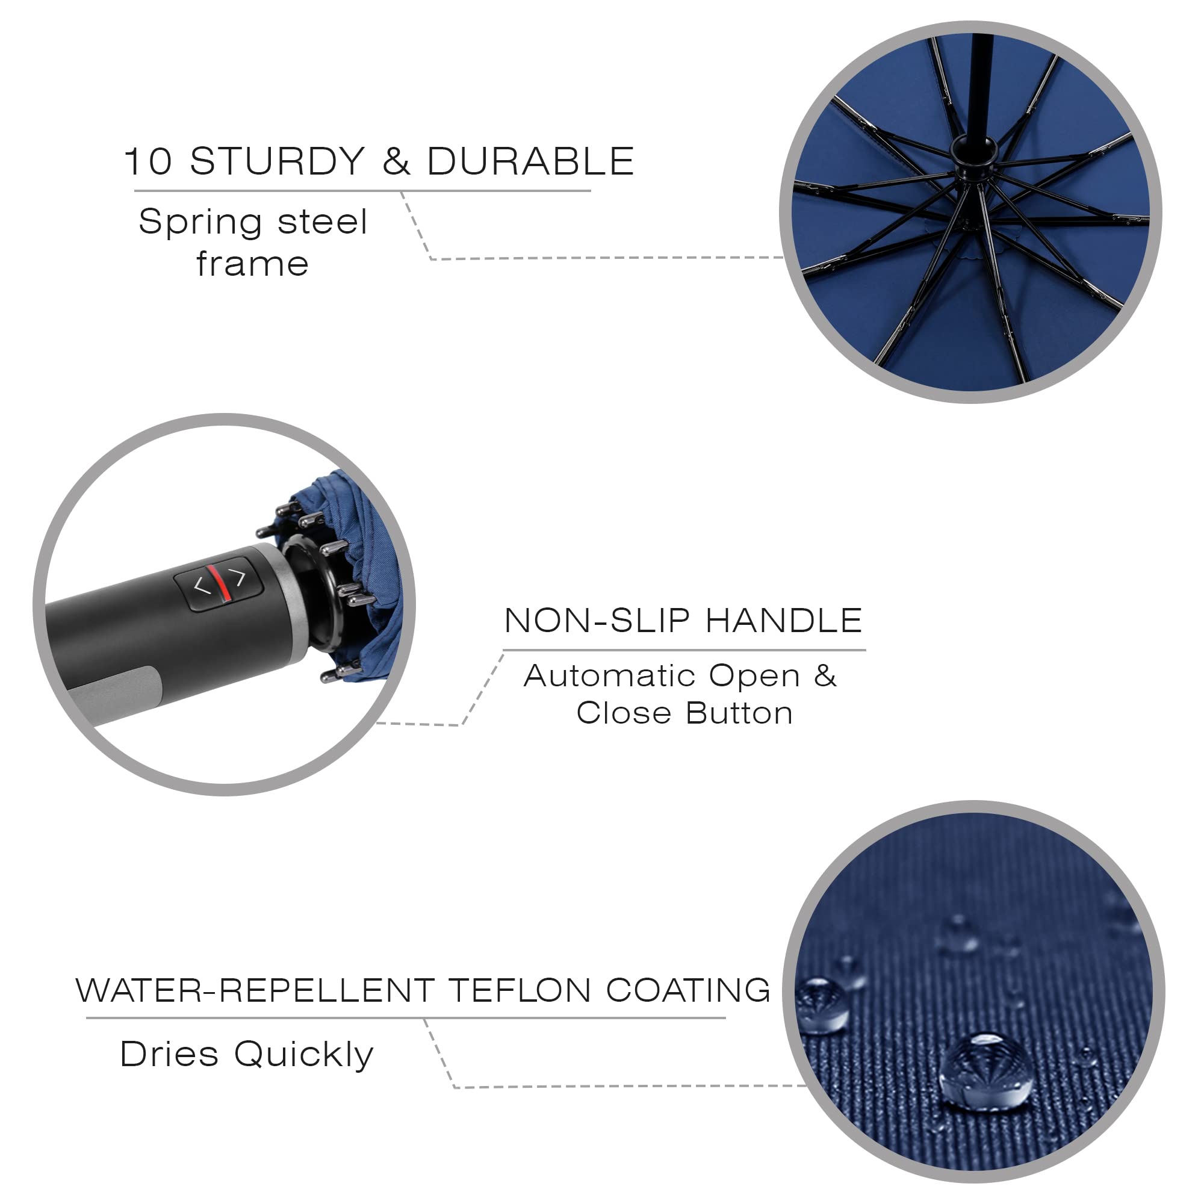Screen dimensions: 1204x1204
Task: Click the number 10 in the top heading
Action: (x=147, y=161)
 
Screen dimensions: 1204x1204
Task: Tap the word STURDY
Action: (x=278, y=161)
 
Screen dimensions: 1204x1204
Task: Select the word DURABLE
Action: (x=530, y=161)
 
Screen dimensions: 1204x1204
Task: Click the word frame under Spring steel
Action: (x=252, y=263)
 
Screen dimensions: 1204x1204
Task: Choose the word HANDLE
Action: (x=784, y=621)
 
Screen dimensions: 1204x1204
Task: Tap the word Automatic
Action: (x=609, y=675)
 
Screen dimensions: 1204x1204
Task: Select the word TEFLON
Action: (x=520, y=990)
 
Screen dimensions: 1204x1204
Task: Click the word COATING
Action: (x=688, y=990)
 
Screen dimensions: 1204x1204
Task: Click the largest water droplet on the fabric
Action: (x=984, y=1072)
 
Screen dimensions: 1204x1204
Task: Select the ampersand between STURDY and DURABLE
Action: (x=396, y=161)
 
